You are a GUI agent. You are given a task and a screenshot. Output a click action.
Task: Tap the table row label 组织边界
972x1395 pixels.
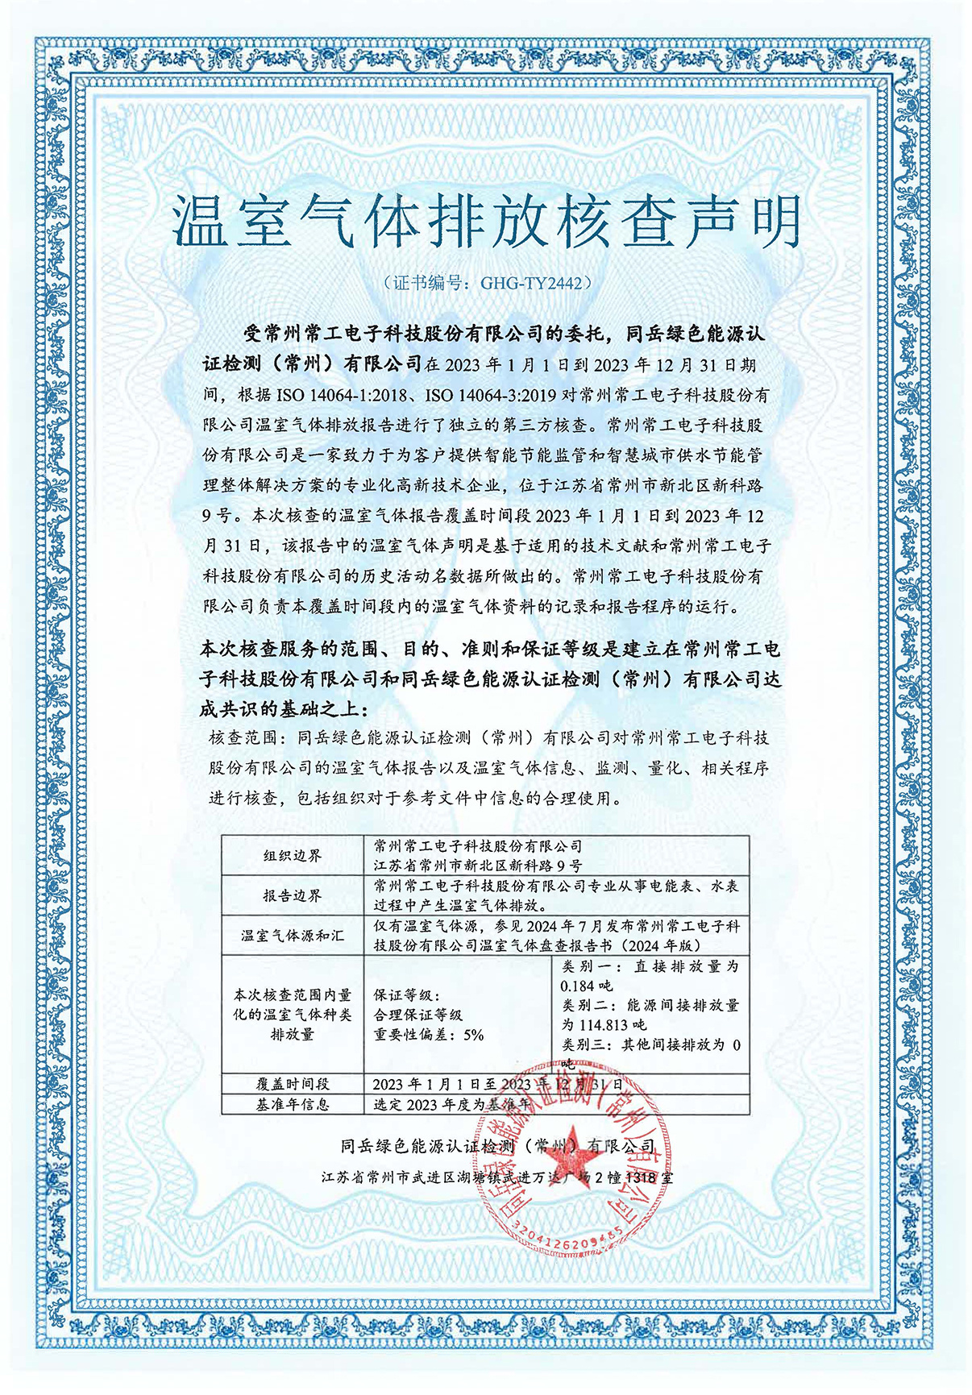click(292, 856)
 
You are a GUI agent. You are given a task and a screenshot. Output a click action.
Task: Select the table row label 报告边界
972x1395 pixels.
click(292, 895)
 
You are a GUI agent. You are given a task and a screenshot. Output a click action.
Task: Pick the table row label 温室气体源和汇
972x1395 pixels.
click(292, 936)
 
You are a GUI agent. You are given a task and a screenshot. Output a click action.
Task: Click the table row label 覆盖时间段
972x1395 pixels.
click(292, 1084)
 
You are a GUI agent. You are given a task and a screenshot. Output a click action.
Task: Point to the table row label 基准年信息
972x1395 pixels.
click(292, 1104)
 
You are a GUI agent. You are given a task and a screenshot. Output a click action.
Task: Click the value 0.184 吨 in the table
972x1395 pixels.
click(587, 986)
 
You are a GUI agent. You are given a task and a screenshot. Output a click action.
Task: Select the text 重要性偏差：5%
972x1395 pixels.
click(428, 1035)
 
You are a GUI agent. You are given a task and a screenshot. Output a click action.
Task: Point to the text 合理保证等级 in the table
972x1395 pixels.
click(417, 1015)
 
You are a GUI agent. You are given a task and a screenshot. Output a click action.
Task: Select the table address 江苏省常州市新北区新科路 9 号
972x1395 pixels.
click(477, 866)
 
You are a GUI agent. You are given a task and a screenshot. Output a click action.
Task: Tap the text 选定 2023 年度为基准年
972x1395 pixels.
click(451, 1104)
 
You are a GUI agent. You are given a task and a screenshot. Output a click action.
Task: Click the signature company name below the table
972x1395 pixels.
click(497, 1146)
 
